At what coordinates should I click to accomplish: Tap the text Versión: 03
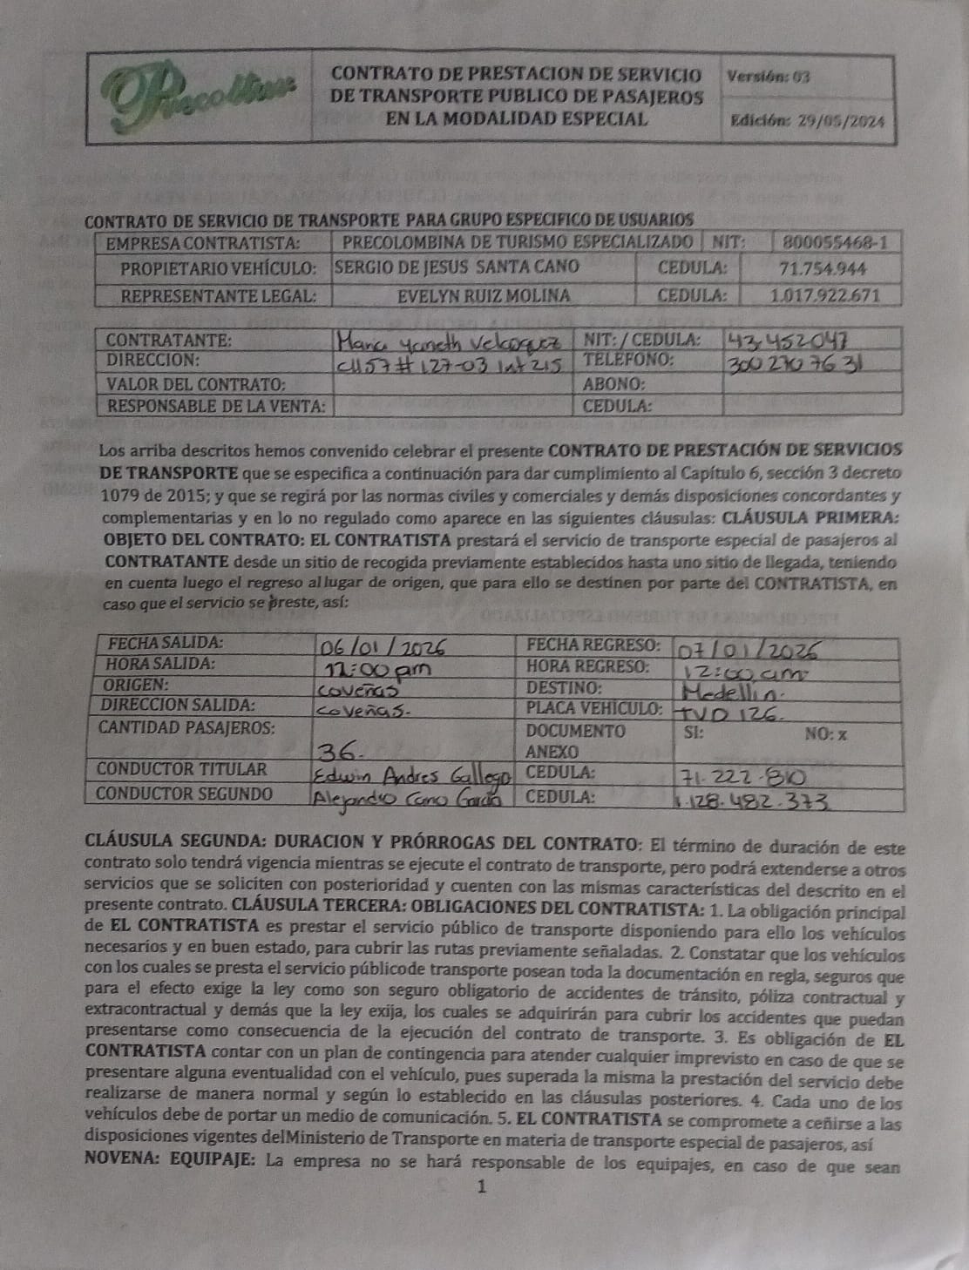click(x=768, y=76)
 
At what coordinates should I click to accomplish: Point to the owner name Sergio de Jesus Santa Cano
click(x=457, y=268)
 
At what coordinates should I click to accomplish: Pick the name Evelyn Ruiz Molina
click(x=484, y=295)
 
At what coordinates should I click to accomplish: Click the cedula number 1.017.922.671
click(x=824, y=295)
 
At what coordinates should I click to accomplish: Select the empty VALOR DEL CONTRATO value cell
click(x=452, y=383)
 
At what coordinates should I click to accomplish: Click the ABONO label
click(x=613, y=383)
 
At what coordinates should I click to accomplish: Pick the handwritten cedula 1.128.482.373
click(x=750, y=801)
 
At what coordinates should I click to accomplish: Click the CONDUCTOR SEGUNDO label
click(x=184, y=794)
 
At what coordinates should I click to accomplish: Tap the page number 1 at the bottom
click(x=481, y=1186)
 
